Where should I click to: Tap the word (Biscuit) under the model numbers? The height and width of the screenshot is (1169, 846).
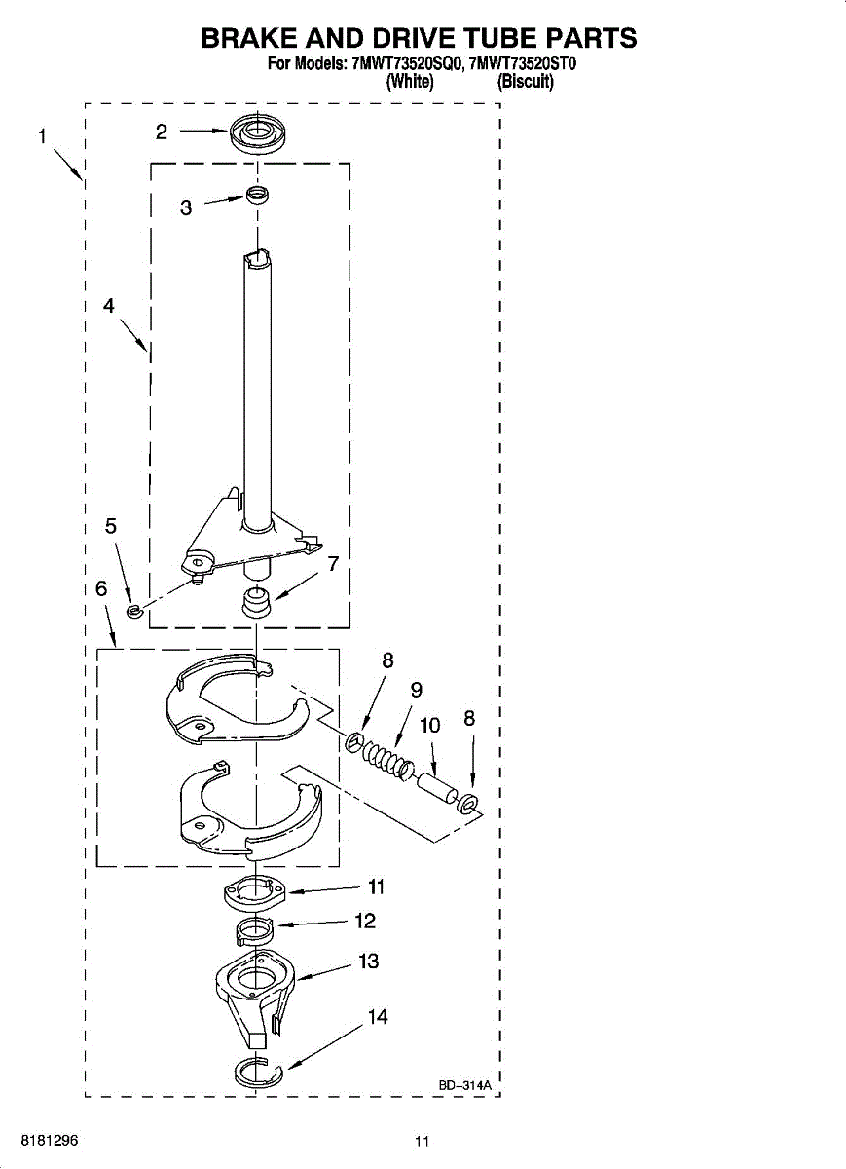(x=526, y=83)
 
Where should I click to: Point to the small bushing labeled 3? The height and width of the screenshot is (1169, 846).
(x=257, y=196)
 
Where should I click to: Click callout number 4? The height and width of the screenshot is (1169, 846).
(x=109, y=305)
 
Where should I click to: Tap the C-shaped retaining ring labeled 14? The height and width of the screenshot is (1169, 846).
(x=258, y=1074)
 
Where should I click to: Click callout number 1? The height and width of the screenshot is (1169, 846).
(x=42, y=136)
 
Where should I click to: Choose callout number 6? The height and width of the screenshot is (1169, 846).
(x=101, y=589)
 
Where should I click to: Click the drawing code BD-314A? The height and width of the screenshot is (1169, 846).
(x=465, y=1084)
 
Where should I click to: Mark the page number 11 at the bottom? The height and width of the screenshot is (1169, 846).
(x=421, y=1142)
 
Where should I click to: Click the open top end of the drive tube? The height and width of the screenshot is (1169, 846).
(x=257, y=257)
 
